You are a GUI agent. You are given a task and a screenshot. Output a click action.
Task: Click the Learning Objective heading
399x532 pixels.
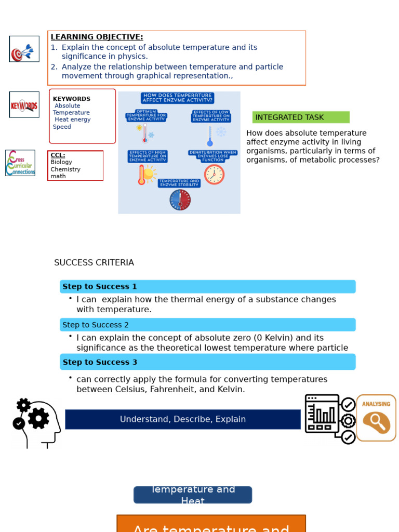pyautogui.click(x=97, y=37)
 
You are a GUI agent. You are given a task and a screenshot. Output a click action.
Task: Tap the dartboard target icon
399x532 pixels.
pyautogui.click(x=24, y=49)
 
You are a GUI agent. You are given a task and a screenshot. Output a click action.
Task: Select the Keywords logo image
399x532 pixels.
pyautogui.click(x=24, y=105)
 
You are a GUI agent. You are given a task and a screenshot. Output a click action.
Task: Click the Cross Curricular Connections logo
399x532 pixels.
pyautogui.click(x=20, y=163)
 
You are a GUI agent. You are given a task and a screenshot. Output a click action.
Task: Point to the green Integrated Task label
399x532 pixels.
pyautogui.click(x=301, y=117)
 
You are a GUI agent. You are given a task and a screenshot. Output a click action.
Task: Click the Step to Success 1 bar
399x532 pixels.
pyautogui.click(x=207, y=287)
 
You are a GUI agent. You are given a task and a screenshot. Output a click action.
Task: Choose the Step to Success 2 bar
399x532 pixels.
pyautogui.click(x=207, y=325)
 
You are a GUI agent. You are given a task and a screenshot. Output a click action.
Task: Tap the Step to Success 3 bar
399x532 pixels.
pyautogui.click(x=207, y=362)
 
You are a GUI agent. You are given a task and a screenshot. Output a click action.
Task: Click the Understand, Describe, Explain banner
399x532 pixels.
pyautogui.click(x=183, y=419)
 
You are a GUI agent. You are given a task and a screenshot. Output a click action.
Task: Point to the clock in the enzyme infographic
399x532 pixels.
pyautogui.click(x=214, y=174)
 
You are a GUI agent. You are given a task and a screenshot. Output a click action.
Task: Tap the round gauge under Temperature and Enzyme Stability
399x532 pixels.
pyautogui.click(x=180, y=200)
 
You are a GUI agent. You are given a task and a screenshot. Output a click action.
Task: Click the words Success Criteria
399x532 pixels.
pyautogui.click(x=94, y=263)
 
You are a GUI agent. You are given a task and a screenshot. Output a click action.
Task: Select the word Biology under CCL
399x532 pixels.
pyautogui.click(x=61, y=162)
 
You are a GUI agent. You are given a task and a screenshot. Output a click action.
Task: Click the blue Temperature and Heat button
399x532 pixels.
pyautogui.click(x=193, y=495)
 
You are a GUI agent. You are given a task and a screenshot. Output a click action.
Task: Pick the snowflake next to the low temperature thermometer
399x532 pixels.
pyautogui.click(x=221, y=132)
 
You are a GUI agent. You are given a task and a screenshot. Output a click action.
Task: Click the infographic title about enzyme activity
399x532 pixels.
pyautogui.click(x=177, y=98)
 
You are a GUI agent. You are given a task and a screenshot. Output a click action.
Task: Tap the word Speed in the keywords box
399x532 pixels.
pyautogui.click(x=62, y=127)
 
